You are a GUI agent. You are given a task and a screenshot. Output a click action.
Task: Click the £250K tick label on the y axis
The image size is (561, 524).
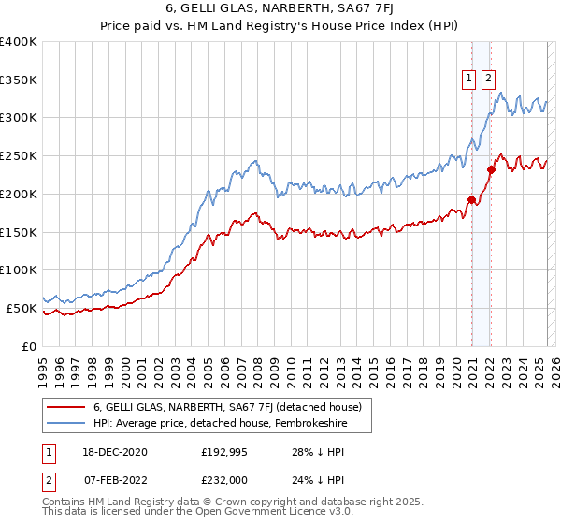click(19, 155)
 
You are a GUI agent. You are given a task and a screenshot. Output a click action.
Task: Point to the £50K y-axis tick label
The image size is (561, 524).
click(22, 308)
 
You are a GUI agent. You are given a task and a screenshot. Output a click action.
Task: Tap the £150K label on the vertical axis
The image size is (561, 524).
click(19, 232)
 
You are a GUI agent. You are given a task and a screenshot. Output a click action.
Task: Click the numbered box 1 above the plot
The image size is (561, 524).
click(468, 79)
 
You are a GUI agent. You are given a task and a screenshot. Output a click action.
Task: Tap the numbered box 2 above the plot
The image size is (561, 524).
click(488, 79)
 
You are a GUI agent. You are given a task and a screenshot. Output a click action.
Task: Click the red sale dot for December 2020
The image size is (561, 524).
click(471, 198)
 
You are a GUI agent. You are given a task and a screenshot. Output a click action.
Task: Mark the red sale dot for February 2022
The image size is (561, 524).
click(490, 169)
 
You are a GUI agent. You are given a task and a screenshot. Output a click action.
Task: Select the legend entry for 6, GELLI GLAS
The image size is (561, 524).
click(233, 406)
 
